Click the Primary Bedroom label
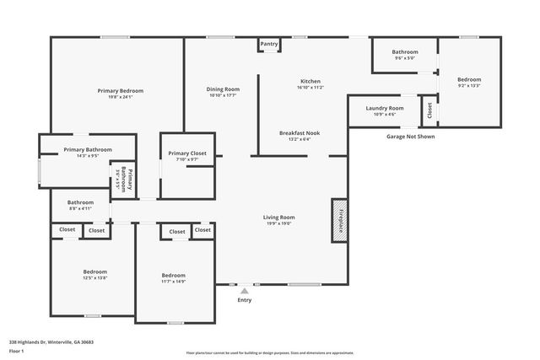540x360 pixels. coord(120,91)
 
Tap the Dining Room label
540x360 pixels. coord(224,89)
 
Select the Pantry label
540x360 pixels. coord(269,44)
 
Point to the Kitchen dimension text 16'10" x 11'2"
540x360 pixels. coord(310,88)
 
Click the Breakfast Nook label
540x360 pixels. coord(300,132)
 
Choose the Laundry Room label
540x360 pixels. coord(384,108)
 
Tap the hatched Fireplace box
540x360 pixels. coord(339,221)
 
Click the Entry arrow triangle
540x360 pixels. coord(245,291)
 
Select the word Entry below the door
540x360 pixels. coord(245,300)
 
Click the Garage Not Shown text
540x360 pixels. coord(410,136)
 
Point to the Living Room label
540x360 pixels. coord(279,218)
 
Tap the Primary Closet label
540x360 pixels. coord(186,153)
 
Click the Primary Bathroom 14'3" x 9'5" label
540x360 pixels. coord(88,156)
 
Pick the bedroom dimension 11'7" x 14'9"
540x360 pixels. coord(173,282)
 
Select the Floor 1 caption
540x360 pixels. coord(17,351)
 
